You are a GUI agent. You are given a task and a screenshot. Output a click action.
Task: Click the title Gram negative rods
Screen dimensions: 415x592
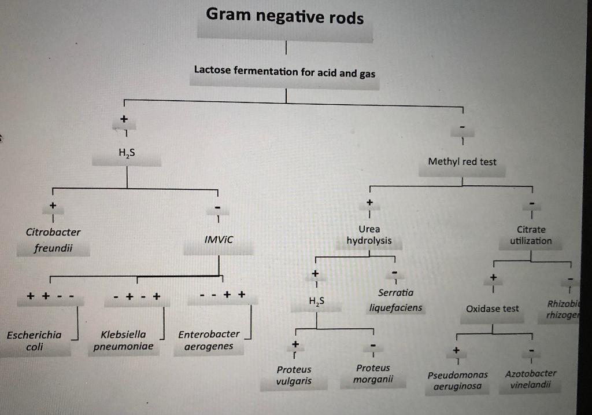click(x=285, y=17)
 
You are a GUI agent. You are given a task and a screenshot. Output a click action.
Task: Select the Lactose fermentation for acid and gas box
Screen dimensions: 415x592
click(x=284, y=72)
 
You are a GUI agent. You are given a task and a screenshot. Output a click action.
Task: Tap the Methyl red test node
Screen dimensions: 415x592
click(x=462, y=162)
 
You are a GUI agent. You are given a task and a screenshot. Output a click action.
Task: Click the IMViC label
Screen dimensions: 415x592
click(x=219, y=239)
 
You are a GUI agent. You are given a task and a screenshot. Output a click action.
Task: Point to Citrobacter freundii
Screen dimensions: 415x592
click(x=53, y=241)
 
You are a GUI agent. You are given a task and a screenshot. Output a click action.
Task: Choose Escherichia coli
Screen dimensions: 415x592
click(x=34, y=340)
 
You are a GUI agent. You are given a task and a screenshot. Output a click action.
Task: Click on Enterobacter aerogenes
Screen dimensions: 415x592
click(x=208, y=340)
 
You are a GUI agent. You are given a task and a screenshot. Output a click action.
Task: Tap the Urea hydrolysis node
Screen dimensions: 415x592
click(x=369, y=235)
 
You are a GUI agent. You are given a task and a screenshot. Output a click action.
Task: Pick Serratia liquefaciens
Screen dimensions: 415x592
click(x=395, y=300)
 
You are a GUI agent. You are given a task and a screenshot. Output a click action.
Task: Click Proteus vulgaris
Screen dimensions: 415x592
click(x=294, y=375)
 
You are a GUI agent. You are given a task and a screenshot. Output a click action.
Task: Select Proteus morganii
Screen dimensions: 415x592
click(x=373, y=374)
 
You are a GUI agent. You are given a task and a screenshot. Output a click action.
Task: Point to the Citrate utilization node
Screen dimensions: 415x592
click(x=531, y=236)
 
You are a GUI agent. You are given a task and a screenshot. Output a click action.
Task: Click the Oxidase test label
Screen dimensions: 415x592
click(x=493, y=309)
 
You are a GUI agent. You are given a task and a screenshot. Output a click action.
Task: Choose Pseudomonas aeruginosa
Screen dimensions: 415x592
click(x=457, y=380)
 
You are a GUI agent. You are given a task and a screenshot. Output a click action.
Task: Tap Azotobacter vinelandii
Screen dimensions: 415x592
click(x=530, y=379)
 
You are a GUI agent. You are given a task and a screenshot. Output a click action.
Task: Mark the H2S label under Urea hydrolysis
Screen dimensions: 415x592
click(x=317, y=302)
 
